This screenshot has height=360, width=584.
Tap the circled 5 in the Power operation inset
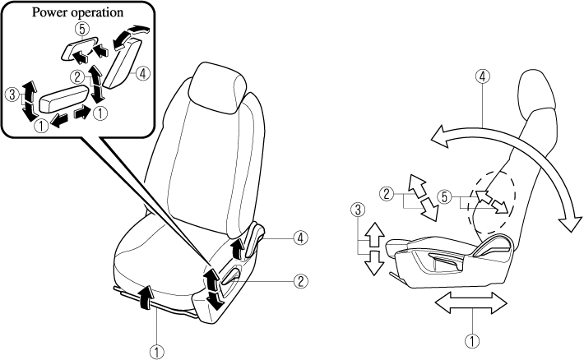click(x=80, y=27)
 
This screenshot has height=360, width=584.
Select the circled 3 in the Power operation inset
click(x=12, y=95)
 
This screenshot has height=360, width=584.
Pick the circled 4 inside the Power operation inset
click(x=143, y=73)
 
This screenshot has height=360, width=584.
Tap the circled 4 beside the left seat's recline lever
click(x=302, y=238)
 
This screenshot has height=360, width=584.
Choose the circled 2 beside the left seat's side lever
click(x=302, y=280)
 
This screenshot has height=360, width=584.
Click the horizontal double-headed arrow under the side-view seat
click(x=466, y=302)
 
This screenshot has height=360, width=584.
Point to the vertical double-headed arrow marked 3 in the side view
click(x=374, y=247)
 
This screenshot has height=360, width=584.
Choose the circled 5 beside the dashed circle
click(x=444, y=196)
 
